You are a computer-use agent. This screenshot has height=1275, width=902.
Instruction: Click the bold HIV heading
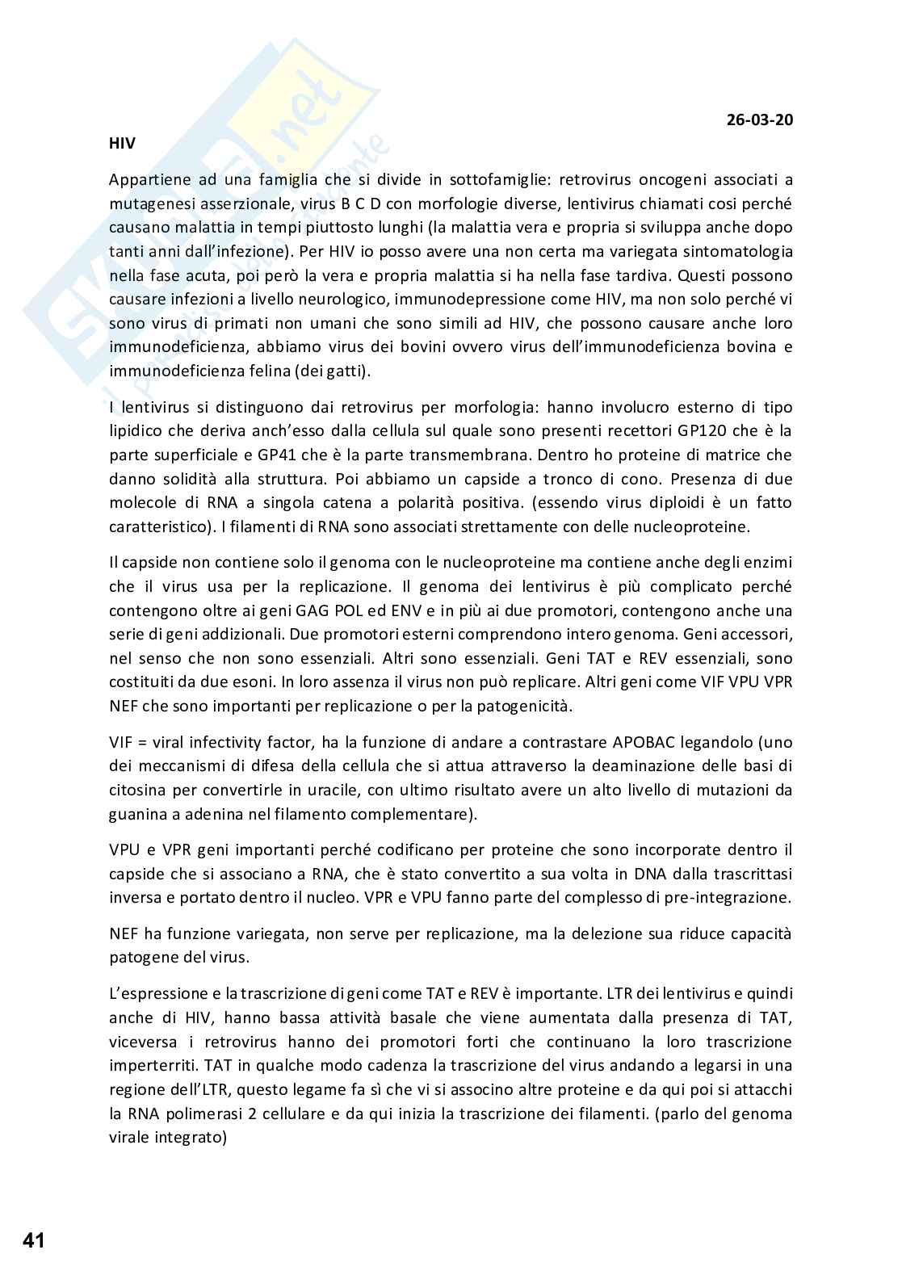(x=122, y=144)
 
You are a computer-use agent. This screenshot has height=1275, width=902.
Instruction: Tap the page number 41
(x=34, y=1239)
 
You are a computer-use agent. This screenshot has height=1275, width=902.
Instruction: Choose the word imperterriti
(x=149, y=1066)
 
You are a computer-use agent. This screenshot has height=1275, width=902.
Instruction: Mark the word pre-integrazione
(x=730, y=897)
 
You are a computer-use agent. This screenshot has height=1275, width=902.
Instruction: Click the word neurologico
(x=313, y=299)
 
